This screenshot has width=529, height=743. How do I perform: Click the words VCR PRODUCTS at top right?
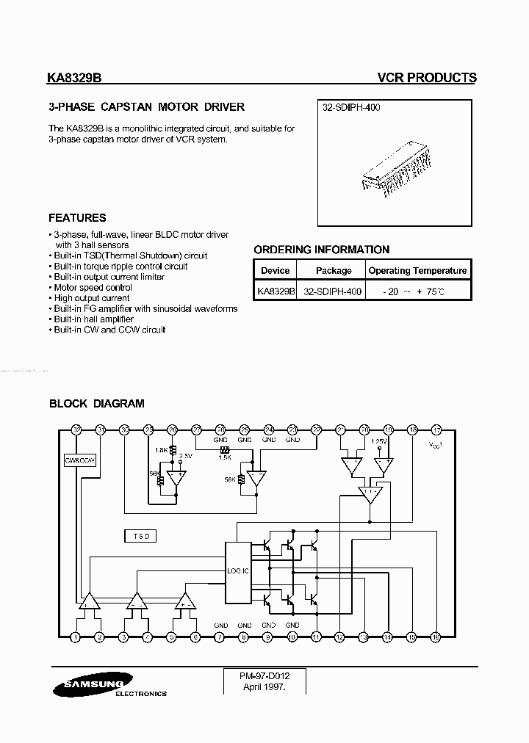426,78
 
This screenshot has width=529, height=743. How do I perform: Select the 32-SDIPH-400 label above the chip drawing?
351,107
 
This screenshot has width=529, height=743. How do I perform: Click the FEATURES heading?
77,218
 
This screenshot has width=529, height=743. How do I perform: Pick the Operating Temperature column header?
417,271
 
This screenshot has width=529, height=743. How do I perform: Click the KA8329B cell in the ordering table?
276,291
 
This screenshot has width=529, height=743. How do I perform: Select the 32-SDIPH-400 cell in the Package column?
333,291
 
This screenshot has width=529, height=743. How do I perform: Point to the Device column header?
276,271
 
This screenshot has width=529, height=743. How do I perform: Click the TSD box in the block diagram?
140,536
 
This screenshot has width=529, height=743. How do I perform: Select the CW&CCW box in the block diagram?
80,461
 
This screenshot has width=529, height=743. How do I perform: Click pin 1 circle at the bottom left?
76,637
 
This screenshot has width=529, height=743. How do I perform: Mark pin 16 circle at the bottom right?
435,637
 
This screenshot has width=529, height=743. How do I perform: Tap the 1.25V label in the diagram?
379,441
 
